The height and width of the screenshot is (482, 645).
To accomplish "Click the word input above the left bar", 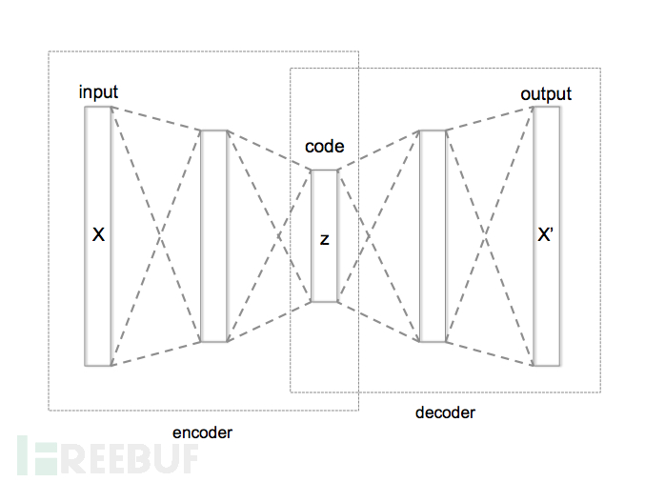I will coord(99,92).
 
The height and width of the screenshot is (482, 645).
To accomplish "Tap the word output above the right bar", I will coord(546,93).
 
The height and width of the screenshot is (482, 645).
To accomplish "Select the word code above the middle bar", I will coord(324,147).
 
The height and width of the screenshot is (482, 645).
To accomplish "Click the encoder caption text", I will coord(202,432).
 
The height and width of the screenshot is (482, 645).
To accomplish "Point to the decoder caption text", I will coord(445,412).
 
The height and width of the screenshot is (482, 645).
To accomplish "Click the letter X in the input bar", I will coord(98,234).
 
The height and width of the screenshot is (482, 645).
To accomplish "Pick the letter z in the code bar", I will coord(324,239).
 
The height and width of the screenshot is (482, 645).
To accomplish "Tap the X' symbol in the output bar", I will coord(546,234).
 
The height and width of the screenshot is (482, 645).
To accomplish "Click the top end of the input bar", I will coord(98,108).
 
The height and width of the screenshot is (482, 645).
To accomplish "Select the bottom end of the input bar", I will coord(98,364).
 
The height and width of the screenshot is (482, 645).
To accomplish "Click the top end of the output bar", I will coord(546,108).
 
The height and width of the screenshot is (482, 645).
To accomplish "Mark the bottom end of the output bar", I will coord(546,364).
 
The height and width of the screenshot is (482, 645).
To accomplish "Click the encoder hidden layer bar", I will coord(214,235).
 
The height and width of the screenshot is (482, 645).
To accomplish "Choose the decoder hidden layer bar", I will coord(433,235).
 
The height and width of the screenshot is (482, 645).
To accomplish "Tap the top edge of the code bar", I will coord(324,171).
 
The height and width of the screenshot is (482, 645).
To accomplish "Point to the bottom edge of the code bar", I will coord(324,301).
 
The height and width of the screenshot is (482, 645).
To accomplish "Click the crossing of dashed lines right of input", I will coord(156,235).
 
